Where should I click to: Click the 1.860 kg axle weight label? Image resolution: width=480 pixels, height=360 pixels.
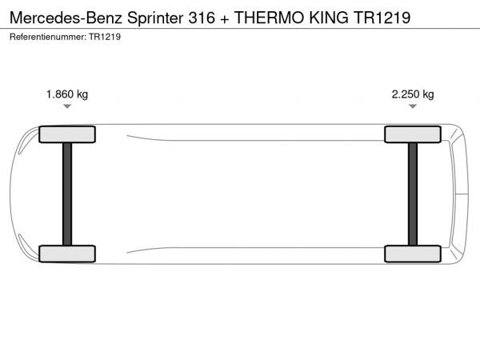pyautogui.click(x=67, y=94)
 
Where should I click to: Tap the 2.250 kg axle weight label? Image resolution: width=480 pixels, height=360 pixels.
pyautogui.click(x=413, y=94)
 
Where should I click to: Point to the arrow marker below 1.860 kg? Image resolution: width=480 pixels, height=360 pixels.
pyautogui.click(x=67, y=106)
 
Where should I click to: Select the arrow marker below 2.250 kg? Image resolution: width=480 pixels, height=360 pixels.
pyautogui.click(x=413, y=106)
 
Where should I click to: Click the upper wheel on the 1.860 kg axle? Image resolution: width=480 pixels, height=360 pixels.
pyautogui.click(x=67, y=134)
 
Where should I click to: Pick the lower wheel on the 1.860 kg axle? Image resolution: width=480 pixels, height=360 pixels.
pyautogui.click(x=67, y=254)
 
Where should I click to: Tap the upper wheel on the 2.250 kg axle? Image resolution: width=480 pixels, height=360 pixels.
pyautogui.click(x=413, y=134)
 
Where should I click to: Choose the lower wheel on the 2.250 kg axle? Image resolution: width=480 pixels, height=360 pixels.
pyautogui.click(x=413, y=254)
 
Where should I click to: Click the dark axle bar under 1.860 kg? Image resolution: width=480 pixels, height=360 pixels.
pyautogui.click(x=67, y=194)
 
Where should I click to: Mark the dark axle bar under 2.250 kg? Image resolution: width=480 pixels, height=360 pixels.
pyautogui.click(x=413, y=194)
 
